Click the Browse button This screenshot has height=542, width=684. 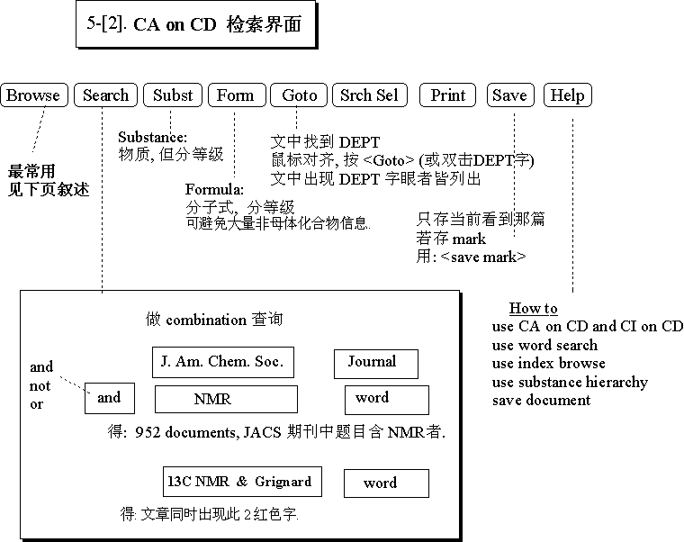[x=34, y=95]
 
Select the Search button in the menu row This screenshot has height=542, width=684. [x=106, y=95]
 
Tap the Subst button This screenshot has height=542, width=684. [x=173, y=95]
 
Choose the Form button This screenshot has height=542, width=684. [x=236, y=95]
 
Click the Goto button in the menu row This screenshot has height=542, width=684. [x=300, y=95]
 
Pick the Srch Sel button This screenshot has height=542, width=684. [x=369, y=95]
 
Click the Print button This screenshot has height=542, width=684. [x=448, y=95]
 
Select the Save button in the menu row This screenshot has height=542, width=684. [x=510, y=95]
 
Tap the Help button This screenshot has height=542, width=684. [x=568, y=95]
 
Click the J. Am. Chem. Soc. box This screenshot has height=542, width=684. [x=222, y=362]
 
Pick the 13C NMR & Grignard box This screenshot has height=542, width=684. [x=239, y=483]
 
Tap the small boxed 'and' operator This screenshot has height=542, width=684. [x=109, y=398]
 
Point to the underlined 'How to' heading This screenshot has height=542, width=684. [x=534, y=309]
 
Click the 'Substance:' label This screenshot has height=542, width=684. [x=153, y=137]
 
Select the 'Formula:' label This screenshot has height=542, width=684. [x=215, y=189]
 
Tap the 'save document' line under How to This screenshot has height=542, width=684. [x=541, y=400]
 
